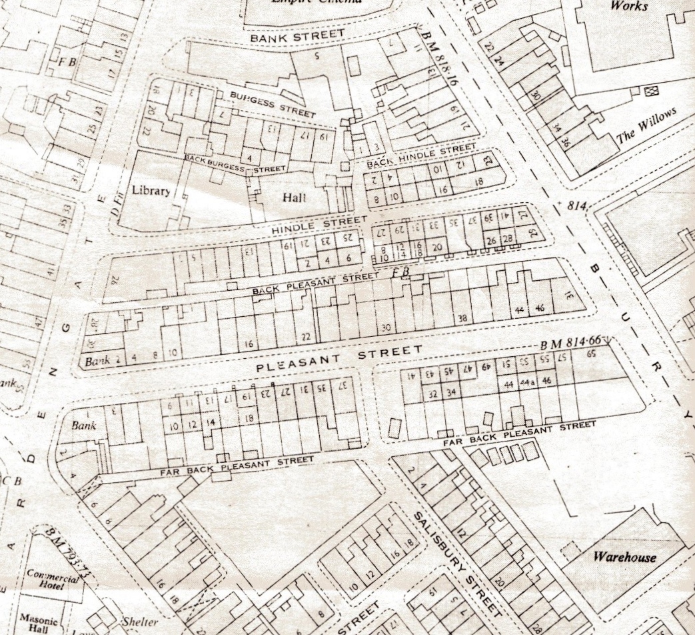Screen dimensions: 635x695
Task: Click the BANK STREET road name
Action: [x=298, y=36]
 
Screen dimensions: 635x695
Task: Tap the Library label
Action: [x=150, y=189]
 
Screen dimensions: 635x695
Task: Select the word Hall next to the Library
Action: [x=293, y=197]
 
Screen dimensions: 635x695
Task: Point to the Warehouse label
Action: [x=624, y=557]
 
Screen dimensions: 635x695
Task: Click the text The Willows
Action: [x=646, y=126]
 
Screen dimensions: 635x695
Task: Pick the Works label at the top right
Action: [x=629, y=6]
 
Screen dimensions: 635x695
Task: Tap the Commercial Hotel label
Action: [x=53, y=577]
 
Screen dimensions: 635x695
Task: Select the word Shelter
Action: [x=140, y=622]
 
